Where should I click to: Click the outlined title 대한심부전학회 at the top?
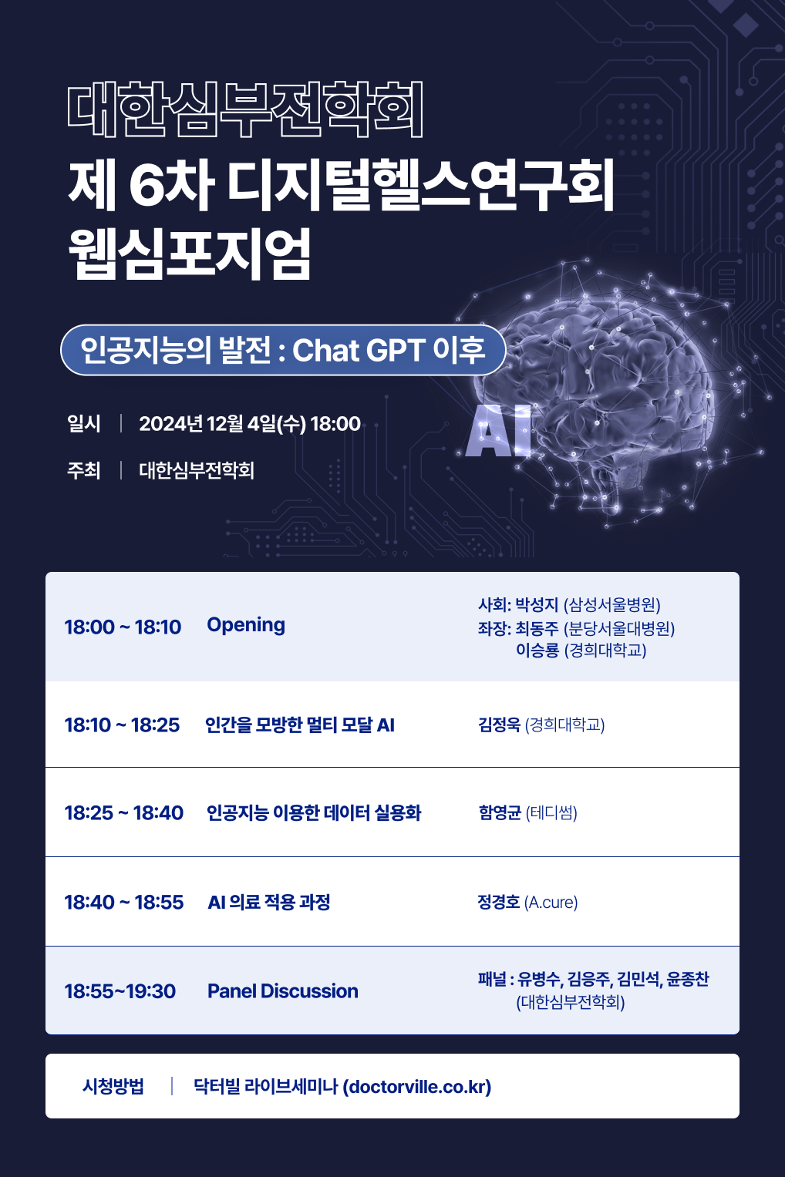coord(245,109)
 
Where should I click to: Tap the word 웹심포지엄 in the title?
coord(190,254)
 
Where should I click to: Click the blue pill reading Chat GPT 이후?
coord(283,350)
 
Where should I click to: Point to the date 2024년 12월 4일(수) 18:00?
coord(250,423)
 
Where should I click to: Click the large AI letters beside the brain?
coord(498,432)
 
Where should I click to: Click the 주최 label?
coord(83,470)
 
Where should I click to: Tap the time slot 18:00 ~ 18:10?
coord(123,627)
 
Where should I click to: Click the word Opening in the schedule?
coord(246,625)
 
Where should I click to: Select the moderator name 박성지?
coord(536,605)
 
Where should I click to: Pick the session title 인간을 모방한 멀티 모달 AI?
coord(300,725)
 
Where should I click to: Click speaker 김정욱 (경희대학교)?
coord(541,725)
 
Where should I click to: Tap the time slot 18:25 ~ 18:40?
coord(124,813)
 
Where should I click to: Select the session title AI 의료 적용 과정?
coord(269,902)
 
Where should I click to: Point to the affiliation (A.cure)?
coord(551,903)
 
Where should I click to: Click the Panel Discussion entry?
coord(283,991)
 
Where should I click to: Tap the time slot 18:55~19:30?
coord(120,991)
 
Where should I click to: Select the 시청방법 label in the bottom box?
coord(113,1086)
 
